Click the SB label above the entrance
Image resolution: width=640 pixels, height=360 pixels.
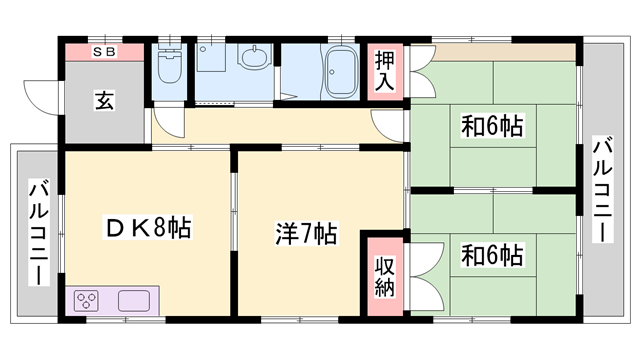104,51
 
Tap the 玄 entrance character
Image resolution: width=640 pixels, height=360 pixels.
103,100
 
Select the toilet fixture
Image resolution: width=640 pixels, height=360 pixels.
170,71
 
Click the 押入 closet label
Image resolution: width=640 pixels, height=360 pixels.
385,70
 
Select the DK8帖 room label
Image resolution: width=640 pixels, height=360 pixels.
148,229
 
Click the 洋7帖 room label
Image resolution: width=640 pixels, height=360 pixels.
306,235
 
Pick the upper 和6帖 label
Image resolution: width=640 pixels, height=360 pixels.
493,127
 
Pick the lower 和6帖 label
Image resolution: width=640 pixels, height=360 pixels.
492,254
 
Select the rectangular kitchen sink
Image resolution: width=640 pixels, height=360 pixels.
133,299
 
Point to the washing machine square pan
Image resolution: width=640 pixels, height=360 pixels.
211,60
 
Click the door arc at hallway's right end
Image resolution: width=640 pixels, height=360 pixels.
388,126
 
